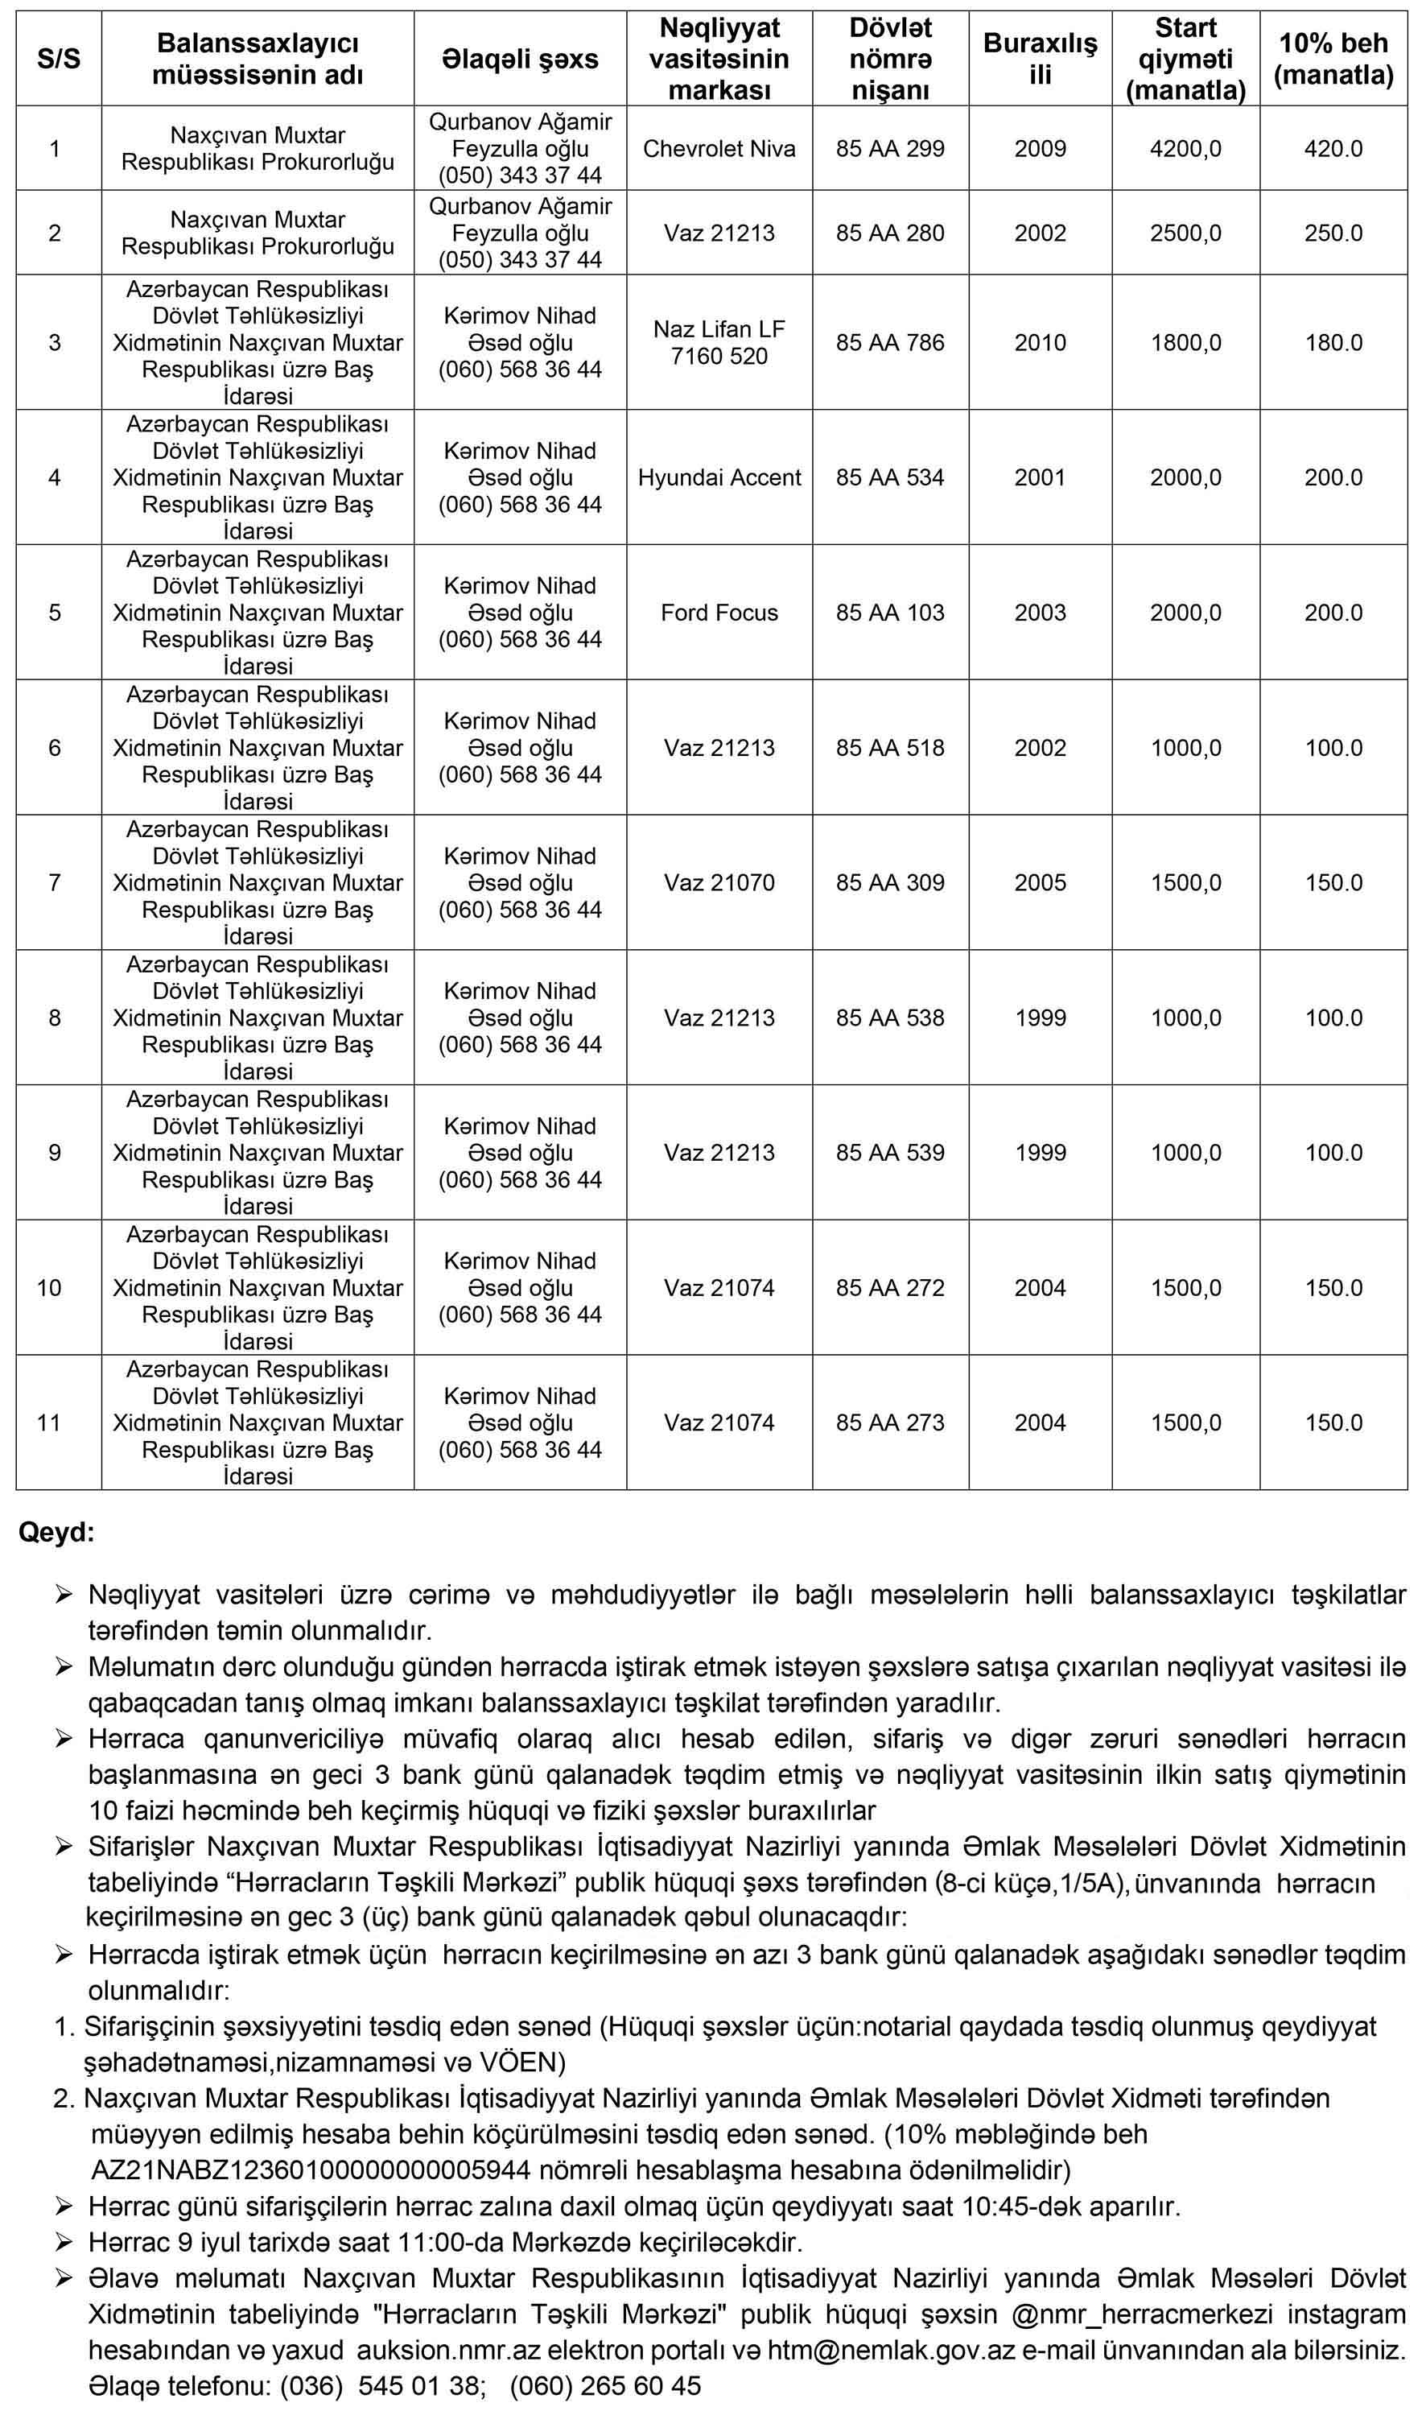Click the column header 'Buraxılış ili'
(x=1040, y=59)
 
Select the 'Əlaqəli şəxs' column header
(x=520, y=59)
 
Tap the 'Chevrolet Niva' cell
(x=719, y=149)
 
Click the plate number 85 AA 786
(x=890, y=343)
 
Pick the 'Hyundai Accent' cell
(x=719, y=477)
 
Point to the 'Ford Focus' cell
(x=719, y=613)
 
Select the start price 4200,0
(x=1185, y=149)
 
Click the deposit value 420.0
(x=1333, y=149)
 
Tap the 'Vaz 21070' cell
(x=719, y=883)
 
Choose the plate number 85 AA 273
(x=890, y=1423)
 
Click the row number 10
(x=49, y=1288)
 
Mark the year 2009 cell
(x=1040, y=149)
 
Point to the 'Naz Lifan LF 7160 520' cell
(x=719, y=343)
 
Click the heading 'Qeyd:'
(x=56, y=1534)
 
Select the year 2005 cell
(x=1040, y=883)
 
